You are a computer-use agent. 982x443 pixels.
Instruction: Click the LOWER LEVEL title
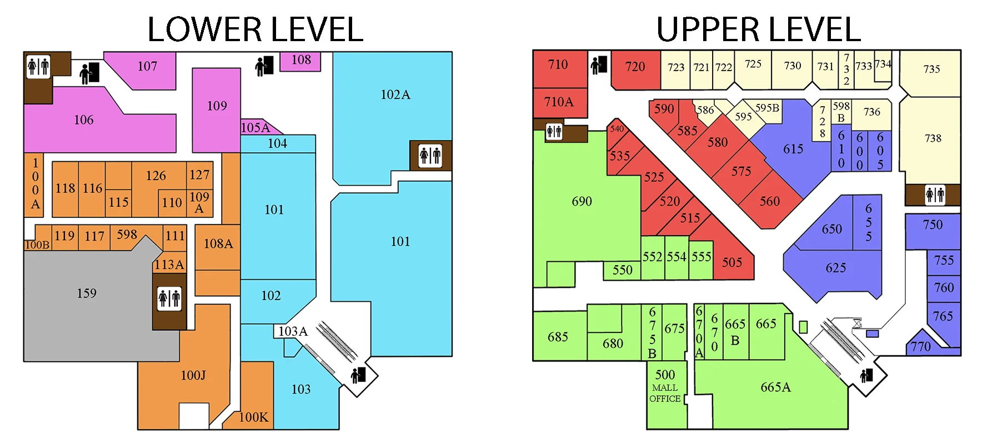[255, 29]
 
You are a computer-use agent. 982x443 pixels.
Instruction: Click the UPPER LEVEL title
[758, 29]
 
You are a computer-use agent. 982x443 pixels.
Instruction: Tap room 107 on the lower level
[147, 67]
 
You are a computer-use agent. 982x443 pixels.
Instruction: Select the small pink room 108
[301, 60]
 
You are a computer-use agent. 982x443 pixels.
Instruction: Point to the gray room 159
[87, 293]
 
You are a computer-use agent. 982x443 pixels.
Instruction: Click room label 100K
[253, 417]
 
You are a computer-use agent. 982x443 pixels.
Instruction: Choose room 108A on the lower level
[218, 244]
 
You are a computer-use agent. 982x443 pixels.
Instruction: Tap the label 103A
[293, 332]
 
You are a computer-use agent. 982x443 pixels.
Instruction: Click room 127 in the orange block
[199, 175]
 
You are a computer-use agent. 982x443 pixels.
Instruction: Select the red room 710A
[559, 102]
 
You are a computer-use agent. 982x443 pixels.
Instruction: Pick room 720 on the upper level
[635, 67]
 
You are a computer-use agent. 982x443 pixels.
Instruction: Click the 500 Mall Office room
[665, 386]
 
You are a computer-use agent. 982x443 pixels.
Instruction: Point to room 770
[920, 347]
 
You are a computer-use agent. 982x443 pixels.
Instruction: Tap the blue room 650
[831, 229]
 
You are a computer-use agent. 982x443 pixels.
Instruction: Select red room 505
[732, 262]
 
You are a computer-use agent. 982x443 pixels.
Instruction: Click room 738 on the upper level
[933, 138]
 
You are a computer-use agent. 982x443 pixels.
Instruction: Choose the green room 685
[558, 337]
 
